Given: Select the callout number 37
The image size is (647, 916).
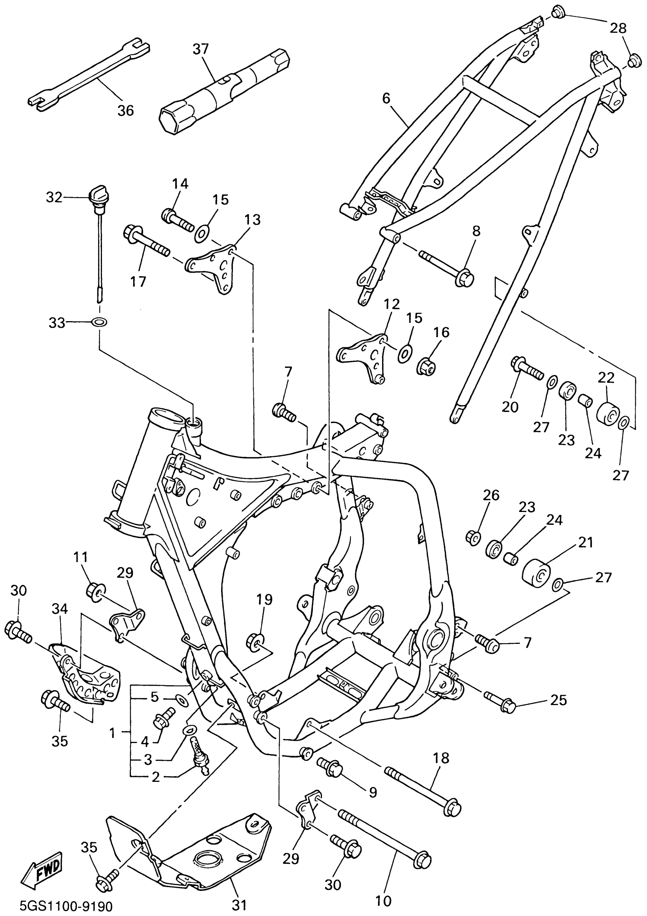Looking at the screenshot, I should (x=201, y=49).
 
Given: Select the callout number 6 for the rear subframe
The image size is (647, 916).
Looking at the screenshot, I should (x=386, y=98).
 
